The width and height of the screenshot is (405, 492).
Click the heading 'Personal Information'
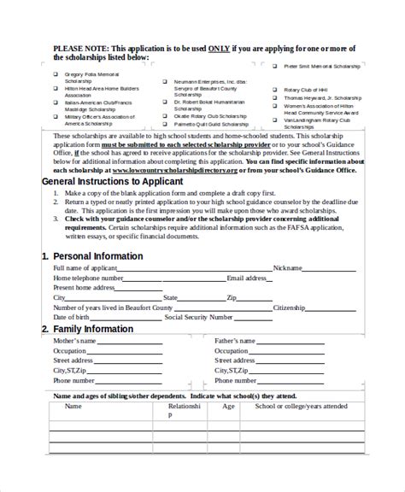[97, 256]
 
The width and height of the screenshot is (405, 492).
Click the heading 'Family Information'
[93, 329]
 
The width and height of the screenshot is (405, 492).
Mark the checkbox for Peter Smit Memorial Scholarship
[274, 65]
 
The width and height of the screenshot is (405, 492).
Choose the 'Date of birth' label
[71, 318]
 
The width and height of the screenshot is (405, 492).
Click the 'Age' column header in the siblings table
[228, 407]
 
